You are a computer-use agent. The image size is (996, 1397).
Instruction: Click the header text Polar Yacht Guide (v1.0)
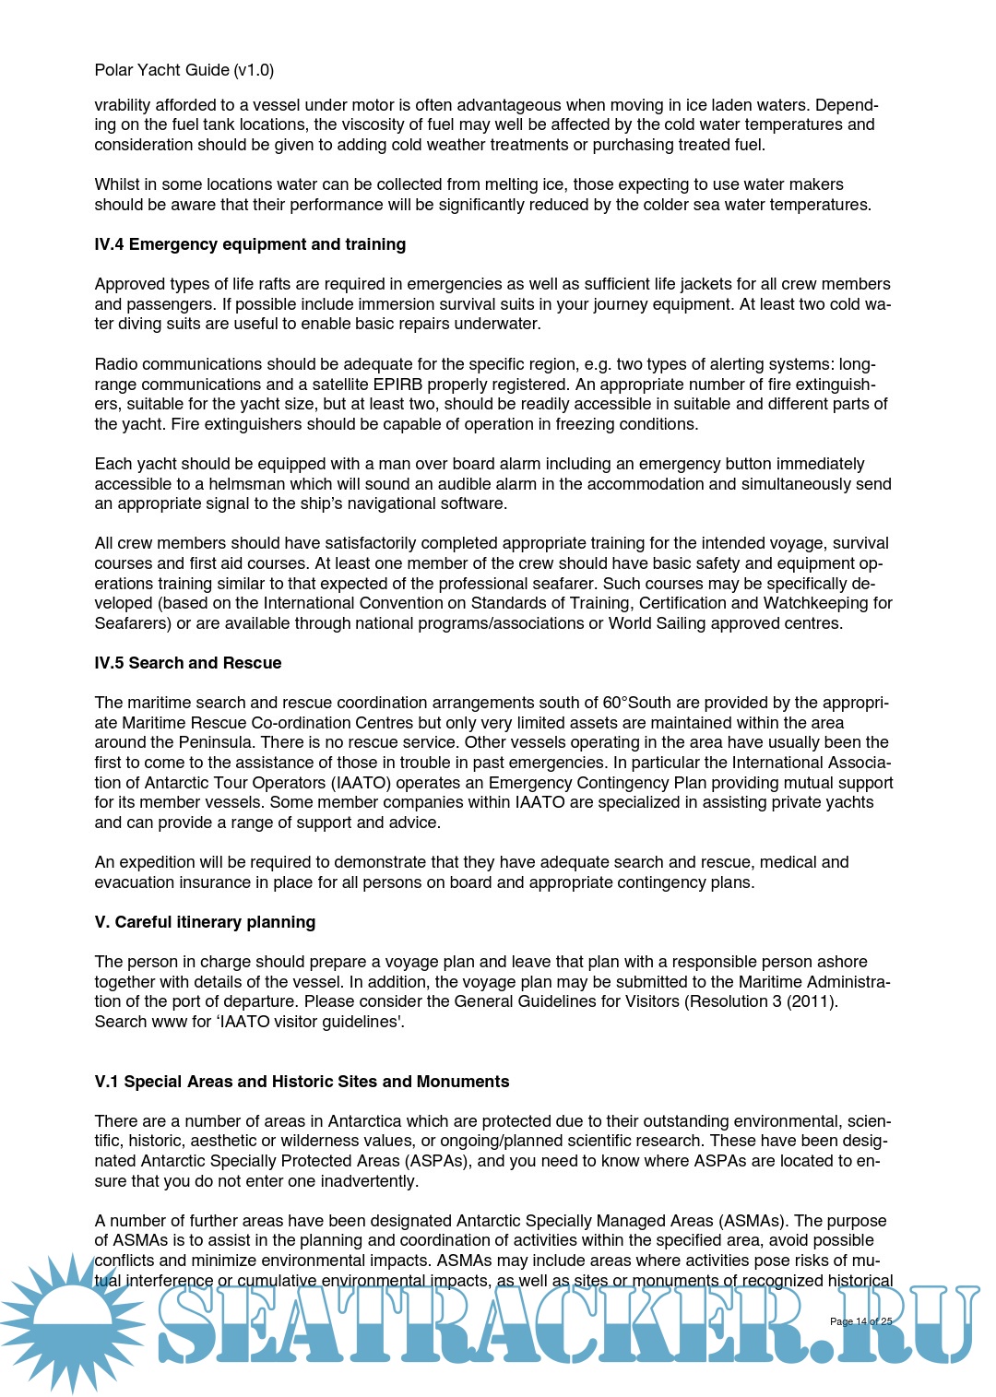point(184,70)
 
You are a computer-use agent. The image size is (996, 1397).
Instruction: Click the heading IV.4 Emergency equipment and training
point(250,244)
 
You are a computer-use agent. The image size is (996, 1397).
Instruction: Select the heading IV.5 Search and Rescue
point(187,663)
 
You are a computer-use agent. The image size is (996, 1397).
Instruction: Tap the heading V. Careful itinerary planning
point(205,922)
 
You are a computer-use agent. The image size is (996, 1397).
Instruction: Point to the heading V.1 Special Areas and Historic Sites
point(302,1082)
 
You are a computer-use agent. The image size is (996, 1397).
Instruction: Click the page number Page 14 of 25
point(860,1321)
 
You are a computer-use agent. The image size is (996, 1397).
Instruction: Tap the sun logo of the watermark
point(72,1322)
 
